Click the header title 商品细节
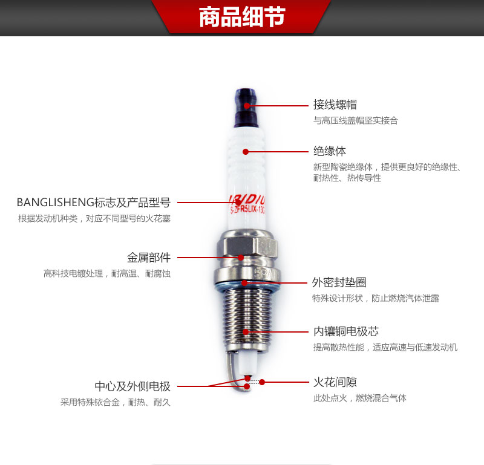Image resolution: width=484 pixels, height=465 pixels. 242,17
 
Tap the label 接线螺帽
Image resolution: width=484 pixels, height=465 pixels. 335,105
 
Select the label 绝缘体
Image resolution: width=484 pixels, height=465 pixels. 330,151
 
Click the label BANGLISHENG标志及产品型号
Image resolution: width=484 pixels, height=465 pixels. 94,203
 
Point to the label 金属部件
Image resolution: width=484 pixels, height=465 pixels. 149,258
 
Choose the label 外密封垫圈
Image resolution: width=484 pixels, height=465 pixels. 339,282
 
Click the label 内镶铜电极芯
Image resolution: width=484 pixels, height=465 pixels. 346,331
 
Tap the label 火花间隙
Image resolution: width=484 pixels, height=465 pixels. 335,382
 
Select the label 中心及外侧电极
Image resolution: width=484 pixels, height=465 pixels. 132,386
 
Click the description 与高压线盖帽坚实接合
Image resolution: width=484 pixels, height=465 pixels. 356,120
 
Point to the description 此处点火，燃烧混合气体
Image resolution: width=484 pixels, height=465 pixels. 360,398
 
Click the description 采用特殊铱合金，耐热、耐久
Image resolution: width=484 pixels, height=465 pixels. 116,402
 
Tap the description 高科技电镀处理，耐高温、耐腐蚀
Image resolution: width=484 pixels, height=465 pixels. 107,274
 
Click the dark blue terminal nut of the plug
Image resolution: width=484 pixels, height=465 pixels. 246,108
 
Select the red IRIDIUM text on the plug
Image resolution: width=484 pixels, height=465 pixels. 247,200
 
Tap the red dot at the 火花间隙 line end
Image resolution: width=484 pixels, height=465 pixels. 262,382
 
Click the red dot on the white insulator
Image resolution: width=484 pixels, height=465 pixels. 246,152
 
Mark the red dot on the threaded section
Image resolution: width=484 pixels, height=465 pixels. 246,332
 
